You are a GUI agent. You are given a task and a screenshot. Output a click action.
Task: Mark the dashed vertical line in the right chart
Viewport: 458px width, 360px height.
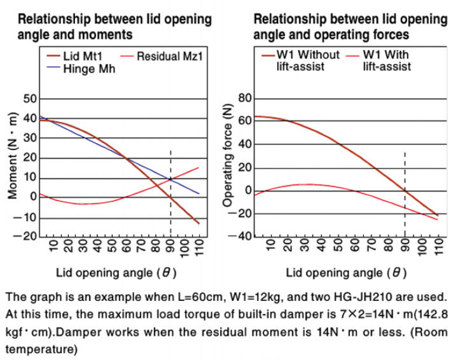[405, 191]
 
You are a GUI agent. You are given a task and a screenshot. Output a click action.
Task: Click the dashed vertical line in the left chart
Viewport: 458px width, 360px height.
[170, 191]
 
